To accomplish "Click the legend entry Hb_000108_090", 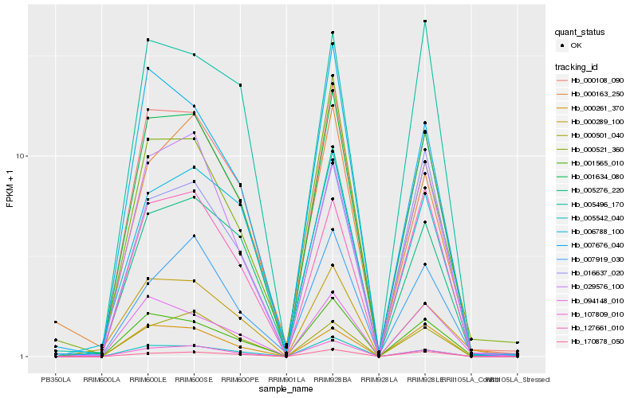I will click(594, 80).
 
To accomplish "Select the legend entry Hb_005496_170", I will click(594, 205).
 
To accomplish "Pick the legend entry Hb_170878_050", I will click(594, 341).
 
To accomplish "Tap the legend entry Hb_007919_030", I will click(594, 259).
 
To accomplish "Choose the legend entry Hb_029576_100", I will click(594, 286).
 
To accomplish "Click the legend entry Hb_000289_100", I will click(594, 122).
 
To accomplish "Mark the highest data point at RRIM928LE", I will click(425, 21).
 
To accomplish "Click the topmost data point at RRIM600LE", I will click(148, 40).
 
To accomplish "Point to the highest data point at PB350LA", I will click(57, 322).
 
